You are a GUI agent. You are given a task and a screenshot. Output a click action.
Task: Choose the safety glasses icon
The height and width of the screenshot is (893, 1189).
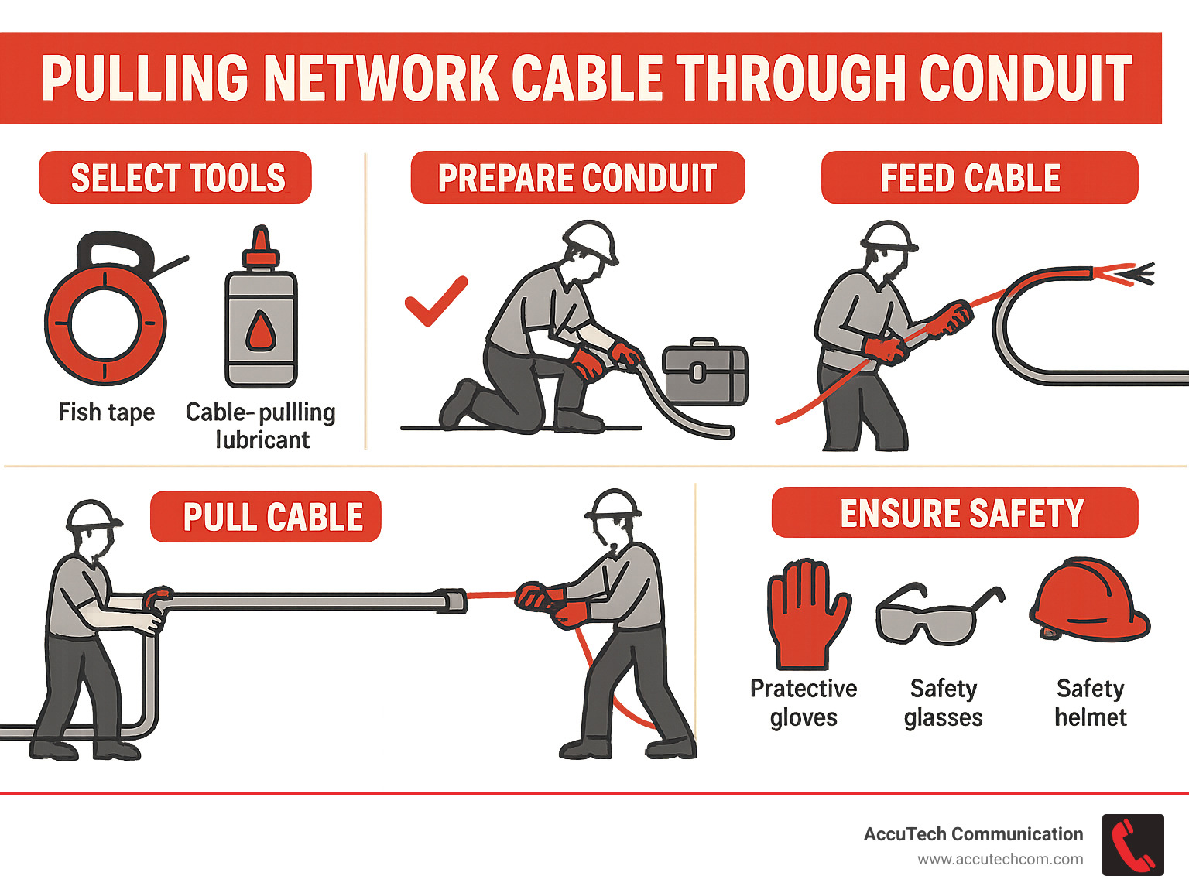pos(938,615)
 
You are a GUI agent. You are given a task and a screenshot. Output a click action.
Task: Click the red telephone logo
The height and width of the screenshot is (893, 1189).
pos(1132,845)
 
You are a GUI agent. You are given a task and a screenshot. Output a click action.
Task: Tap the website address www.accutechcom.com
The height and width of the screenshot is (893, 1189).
pos(1000,860)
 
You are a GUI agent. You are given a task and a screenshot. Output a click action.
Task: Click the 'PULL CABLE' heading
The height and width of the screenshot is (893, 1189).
pos(272,517)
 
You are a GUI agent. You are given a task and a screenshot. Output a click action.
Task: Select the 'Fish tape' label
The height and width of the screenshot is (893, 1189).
pos(106,412)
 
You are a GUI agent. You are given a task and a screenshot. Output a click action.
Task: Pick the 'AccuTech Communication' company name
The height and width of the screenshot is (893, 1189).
pos(973,834)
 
